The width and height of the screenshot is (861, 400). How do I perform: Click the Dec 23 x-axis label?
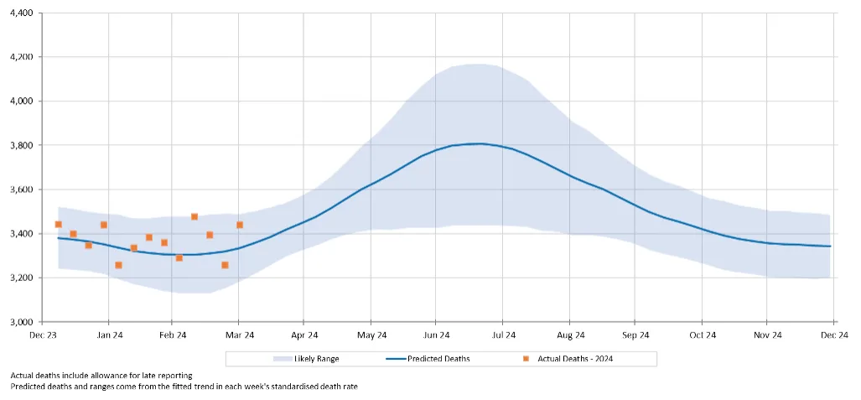(43, 335)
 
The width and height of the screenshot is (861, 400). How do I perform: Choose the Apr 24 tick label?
(304, 335)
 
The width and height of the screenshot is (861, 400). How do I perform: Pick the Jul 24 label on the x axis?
(502, 335)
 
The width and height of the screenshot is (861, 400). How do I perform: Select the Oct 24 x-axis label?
(702, 335)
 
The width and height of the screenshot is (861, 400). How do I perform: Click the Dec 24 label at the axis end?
(832, 335)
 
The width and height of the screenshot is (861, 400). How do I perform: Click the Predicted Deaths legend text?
(438, 359)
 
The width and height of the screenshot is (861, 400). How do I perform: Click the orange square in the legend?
(526, 359)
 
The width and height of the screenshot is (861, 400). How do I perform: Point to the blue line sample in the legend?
(395, 359)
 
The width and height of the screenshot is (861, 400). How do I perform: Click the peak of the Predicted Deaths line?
(478, 143)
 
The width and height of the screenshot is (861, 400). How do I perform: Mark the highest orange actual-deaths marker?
(195, 216)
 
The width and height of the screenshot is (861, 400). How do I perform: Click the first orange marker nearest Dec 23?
(58, 224)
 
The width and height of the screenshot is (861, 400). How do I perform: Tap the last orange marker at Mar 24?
(240, 225)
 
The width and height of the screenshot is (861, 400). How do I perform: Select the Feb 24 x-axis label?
(172, 335)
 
